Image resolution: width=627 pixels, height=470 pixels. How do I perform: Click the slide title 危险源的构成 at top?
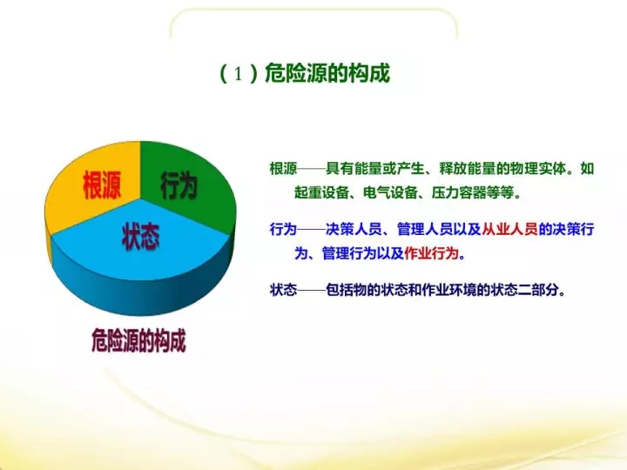click(327, 73)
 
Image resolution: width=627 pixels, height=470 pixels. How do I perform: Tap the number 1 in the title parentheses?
click(239, 74)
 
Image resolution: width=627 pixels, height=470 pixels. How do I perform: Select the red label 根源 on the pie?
click(102, 185)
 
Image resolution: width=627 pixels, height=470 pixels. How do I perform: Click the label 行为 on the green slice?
click(179, 186)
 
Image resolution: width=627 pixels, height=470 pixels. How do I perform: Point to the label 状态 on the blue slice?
click(141, 237)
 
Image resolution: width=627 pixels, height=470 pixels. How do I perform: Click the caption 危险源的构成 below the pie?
click(138, 340)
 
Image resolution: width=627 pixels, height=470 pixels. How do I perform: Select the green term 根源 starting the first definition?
click(284, 169)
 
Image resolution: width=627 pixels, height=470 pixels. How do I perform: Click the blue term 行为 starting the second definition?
click(284, 230)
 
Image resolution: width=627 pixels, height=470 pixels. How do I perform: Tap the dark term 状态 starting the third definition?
click(284, 290)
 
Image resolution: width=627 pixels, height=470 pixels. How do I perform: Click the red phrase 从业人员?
click(509, 230)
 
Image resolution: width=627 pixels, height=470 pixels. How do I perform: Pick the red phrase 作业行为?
click(431, 253)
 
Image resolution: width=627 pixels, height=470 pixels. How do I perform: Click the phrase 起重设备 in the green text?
click(322, 193)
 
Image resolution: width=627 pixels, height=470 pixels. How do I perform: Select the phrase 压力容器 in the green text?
click(459, 193)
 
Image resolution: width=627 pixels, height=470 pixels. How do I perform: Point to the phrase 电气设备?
click(391, 193)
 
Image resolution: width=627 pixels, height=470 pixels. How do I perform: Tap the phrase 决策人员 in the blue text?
click(354, 230)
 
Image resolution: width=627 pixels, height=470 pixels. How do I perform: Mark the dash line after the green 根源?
click(312, 169)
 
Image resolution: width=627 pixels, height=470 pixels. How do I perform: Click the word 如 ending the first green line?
click(587, 169)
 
